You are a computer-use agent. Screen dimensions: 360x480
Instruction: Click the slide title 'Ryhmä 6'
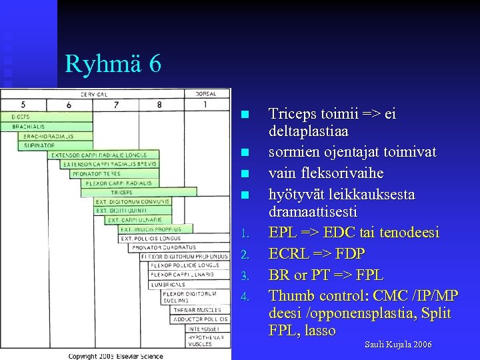click(x=113, y=64)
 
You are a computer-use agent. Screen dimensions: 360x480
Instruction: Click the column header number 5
click(x=23, y=105)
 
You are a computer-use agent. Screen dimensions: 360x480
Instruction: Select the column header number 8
click(x=159, y=105)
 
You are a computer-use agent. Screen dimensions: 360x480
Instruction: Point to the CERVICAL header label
click(x=94, y=94)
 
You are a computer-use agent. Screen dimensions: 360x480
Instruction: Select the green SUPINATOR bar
click(x=39, y=145)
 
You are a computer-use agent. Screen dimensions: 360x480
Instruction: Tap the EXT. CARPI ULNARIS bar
click(x=135, y=219)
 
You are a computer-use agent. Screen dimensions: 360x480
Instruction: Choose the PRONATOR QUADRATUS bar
click(x=153, y=247)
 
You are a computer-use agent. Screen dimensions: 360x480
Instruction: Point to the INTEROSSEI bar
click(x=204, y=329)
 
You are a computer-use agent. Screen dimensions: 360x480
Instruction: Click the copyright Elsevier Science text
click(x=115, y=357)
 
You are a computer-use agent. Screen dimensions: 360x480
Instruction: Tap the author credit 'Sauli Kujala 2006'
click(x=398, y=344)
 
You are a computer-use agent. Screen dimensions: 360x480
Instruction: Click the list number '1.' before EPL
click(x=245, y=234)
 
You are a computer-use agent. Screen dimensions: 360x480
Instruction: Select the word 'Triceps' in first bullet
click(x=291, y=114)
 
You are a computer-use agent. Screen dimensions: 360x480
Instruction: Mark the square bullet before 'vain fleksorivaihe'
click(x=245, y=174)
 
